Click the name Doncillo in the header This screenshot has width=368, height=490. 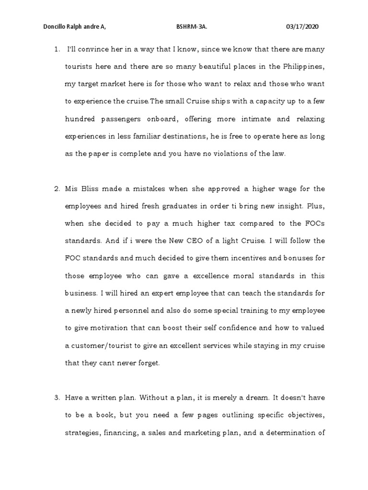pyautogui.click(x=54, y=27)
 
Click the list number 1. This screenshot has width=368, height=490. pyautogui.click(x=56, y=49)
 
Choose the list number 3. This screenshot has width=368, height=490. pyautogui.click(x=56, y=397)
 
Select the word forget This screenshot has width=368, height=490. pyautogui.click(x=144, y=363)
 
